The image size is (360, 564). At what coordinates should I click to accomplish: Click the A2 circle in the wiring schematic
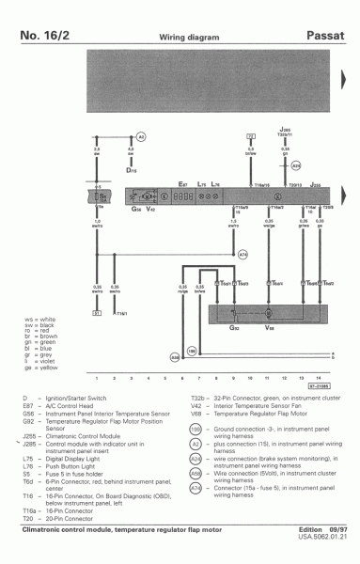tap(142, 135)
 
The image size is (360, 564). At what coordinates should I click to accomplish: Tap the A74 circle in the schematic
tap(243, 254)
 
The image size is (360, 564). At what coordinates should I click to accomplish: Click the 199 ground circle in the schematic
tap(191, 351)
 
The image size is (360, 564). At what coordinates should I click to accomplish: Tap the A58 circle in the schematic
tap(175, 357)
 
